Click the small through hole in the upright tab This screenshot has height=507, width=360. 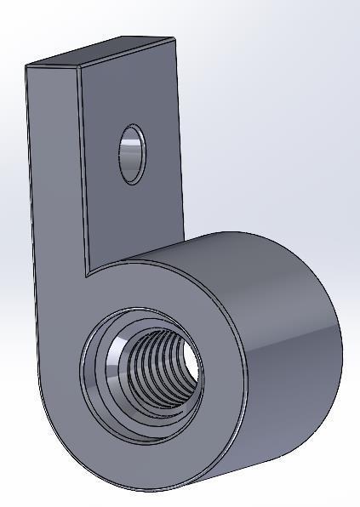(x=132, y=154)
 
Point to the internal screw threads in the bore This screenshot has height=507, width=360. (x=157, y=362)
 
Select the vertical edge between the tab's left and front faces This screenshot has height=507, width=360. (x=83, y=170)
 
